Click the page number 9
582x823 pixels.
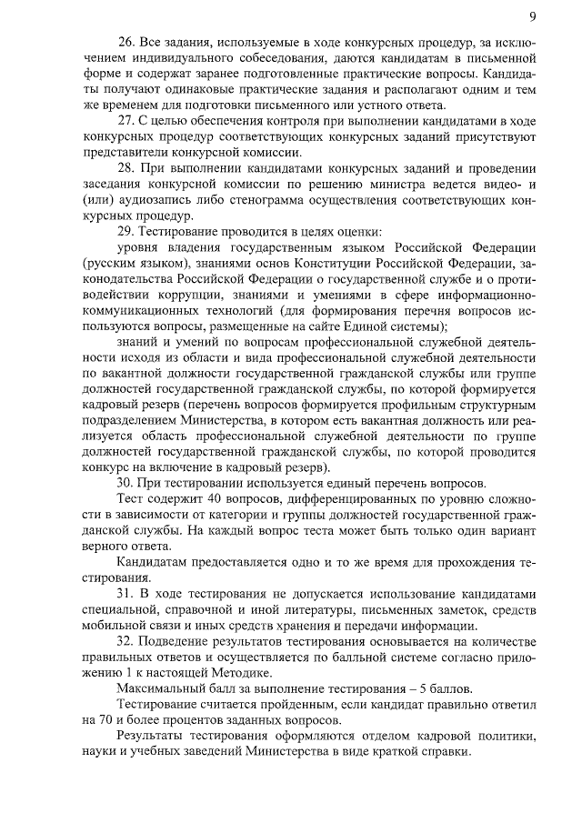[x=531, y=16]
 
